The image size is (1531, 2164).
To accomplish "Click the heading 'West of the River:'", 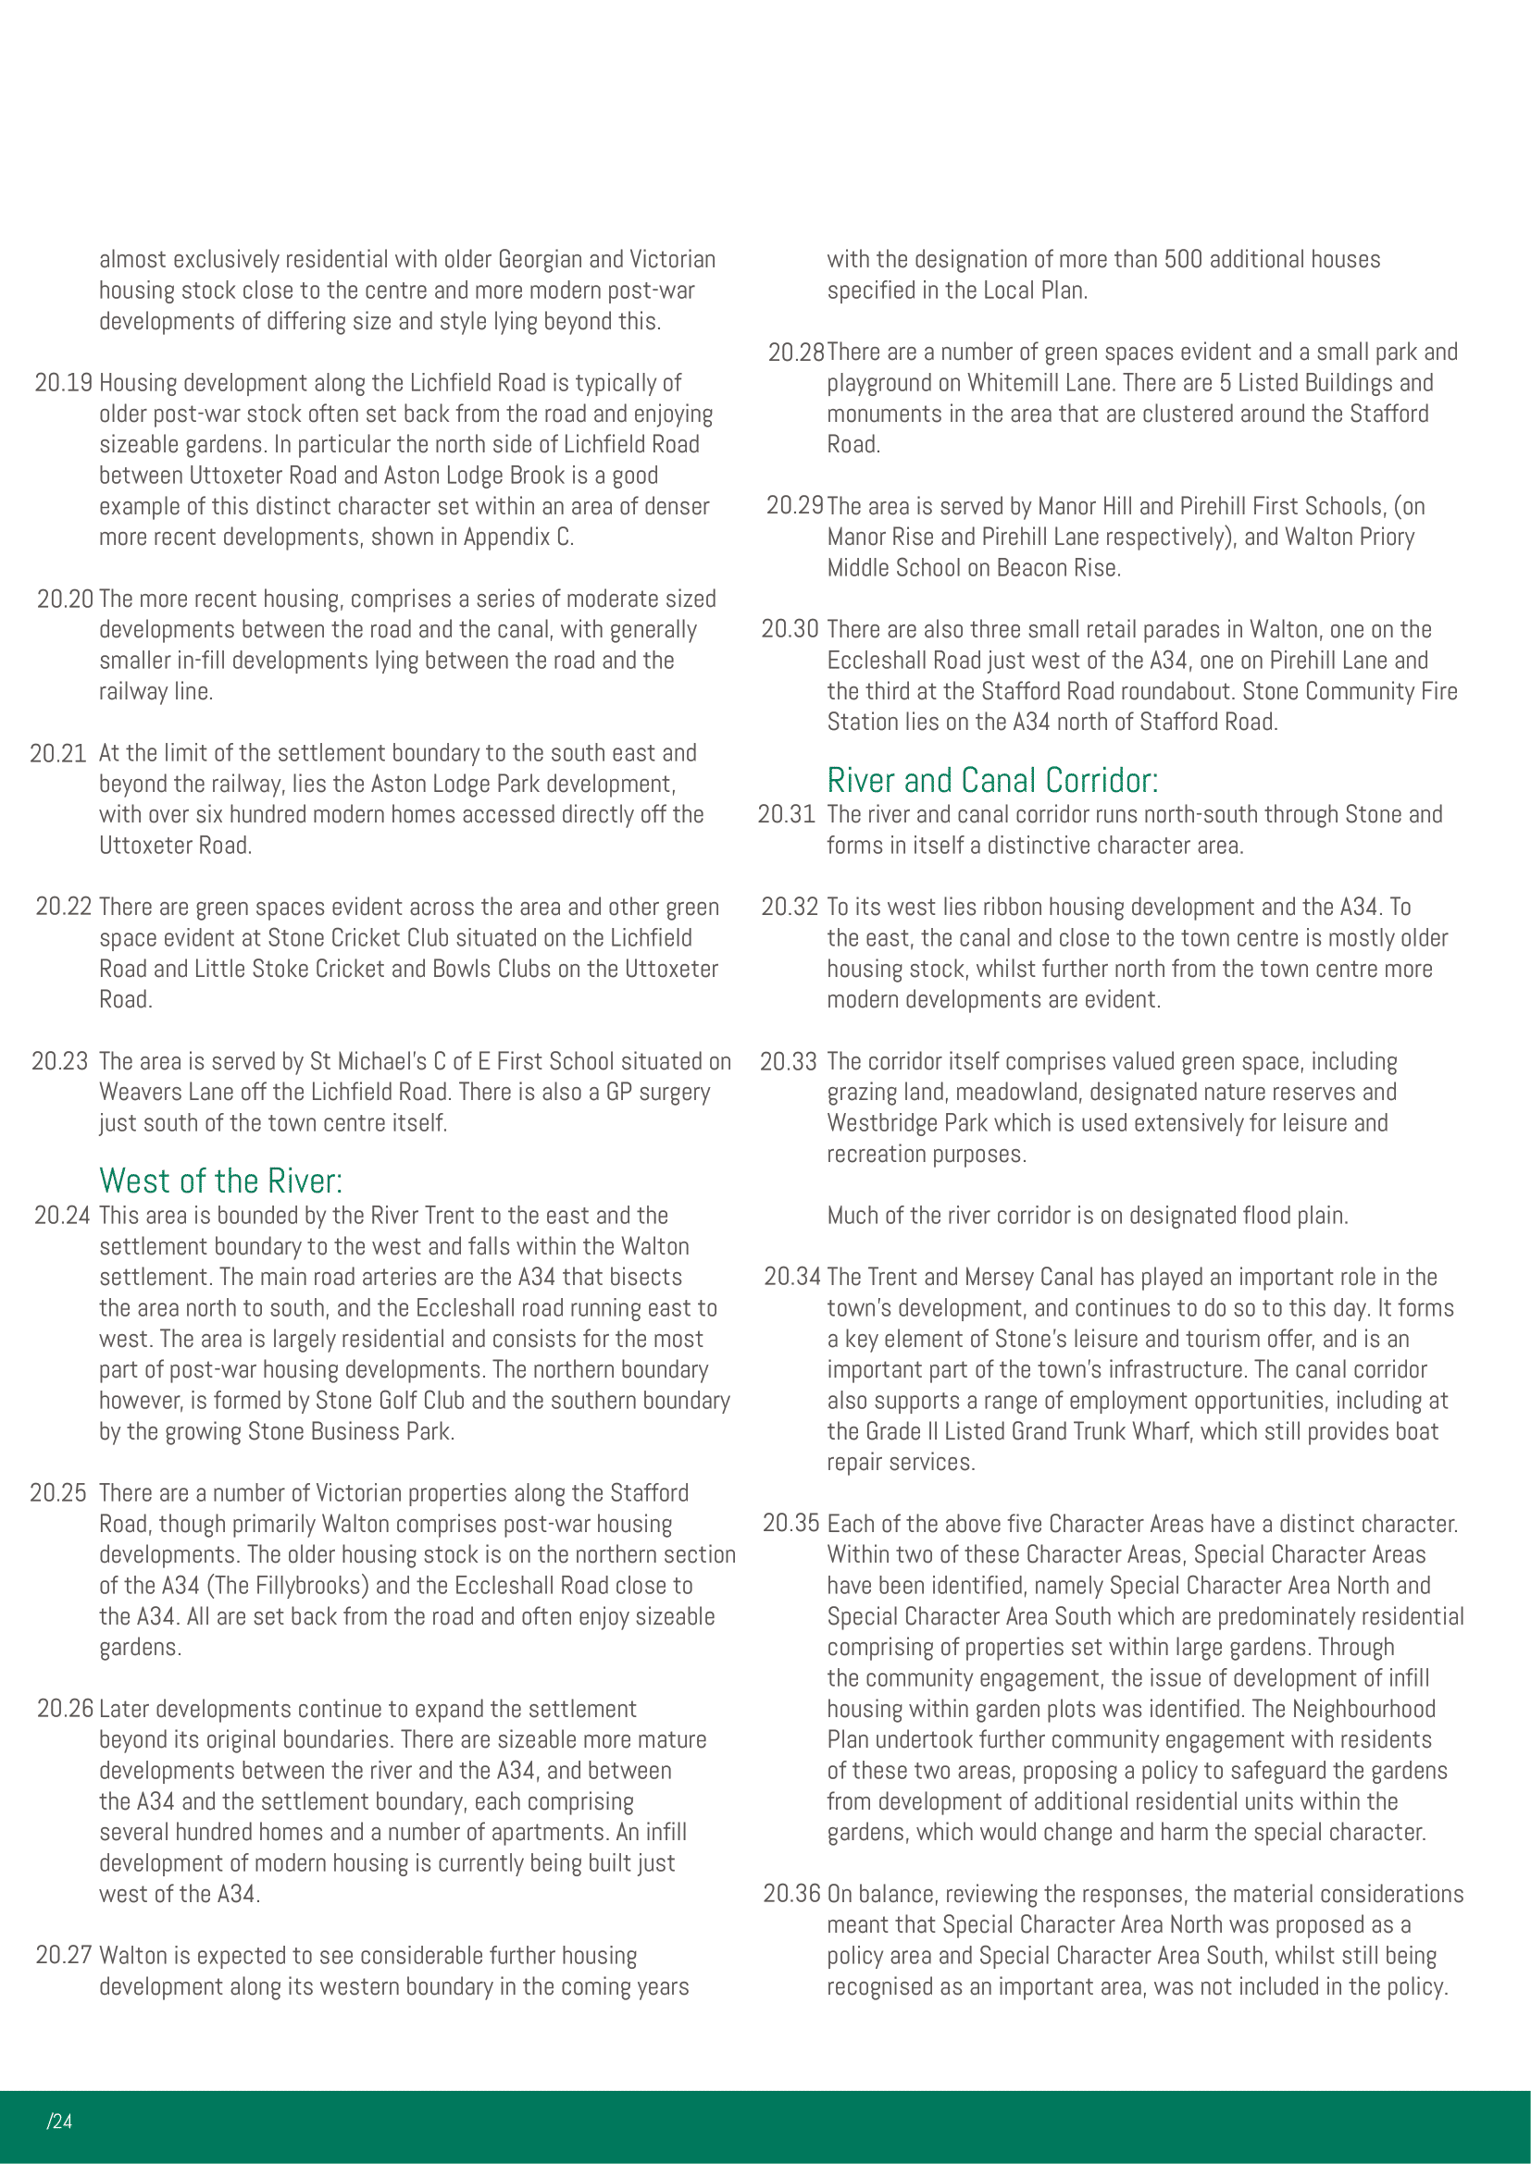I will click(x=220, y=1181).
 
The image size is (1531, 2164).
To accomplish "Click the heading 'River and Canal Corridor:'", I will click(x=991, y=781).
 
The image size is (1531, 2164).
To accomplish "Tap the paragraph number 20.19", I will click(x=63, y=383).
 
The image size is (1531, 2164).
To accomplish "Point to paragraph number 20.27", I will click(x=63, y=1956).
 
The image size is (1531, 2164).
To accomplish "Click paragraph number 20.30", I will click(x=789, y=630).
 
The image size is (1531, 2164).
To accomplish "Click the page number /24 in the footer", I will click(x=59, y=2121).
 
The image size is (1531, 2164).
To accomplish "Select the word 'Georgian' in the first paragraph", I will click(x=542, y=259).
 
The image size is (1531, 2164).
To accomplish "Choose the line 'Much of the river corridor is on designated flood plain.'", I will click(x=1087, y=1215).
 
